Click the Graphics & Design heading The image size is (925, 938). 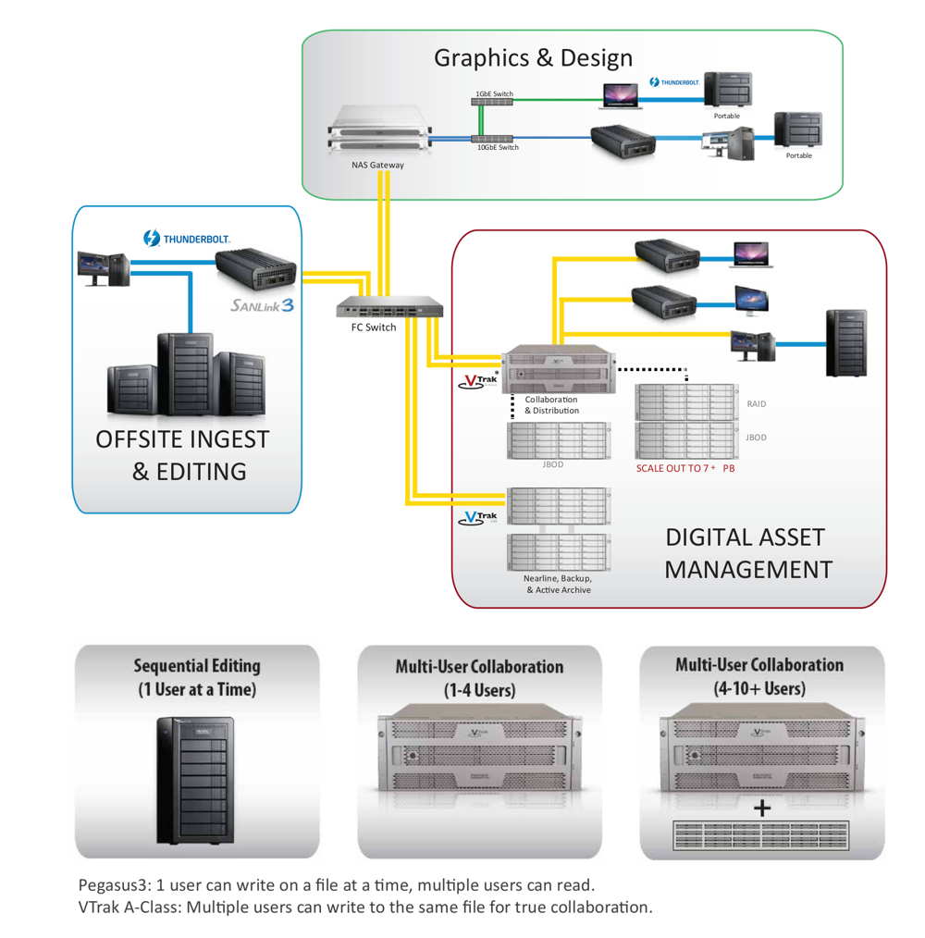pyautogui.click(x=534, y=58)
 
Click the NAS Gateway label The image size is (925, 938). pyautogui.click(x=377, y=166)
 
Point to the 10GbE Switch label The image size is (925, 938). pyautogui.click(x=497, y=147)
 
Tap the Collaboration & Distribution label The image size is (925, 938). pyautogui.click(x=551, y=405)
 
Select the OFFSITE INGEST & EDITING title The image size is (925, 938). pyautogui.click(x=182, y=455)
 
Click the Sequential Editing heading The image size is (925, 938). pyautogui.click(x=197, y=677)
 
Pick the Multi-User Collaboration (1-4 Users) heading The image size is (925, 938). pyautogui.click(x=479, y=677)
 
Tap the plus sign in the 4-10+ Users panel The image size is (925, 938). pyautogui.click(x=762, y=808)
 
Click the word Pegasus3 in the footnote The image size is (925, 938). pyautogui.click(x=114, y=885)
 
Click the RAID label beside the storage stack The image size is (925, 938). pyautogui.click(x=756, y=404)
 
